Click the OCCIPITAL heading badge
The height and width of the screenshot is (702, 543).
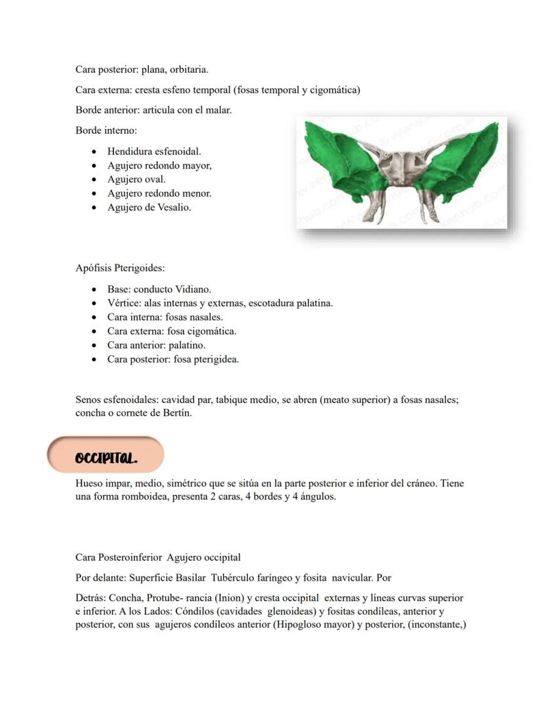tap(105, 455)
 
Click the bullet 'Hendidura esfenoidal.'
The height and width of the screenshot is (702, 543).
tap(154, 151)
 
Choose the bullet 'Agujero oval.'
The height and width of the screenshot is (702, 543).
tap(136, 179)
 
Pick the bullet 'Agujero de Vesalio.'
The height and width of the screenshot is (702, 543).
tap(149, 208)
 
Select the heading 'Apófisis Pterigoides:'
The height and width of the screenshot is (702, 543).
tap(120, 268)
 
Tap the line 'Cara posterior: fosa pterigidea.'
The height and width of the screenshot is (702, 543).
tap(173, 359)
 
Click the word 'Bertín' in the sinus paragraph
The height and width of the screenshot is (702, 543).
tap(177, 414)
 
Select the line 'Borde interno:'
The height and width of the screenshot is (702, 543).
tap(106, 131)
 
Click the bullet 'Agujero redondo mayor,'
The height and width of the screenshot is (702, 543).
tap(159, 165)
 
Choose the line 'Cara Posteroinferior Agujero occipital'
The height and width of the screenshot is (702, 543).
tap(158, 558)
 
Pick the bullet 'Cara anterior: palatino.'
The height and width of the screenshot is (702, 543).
tap(156, 345)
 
